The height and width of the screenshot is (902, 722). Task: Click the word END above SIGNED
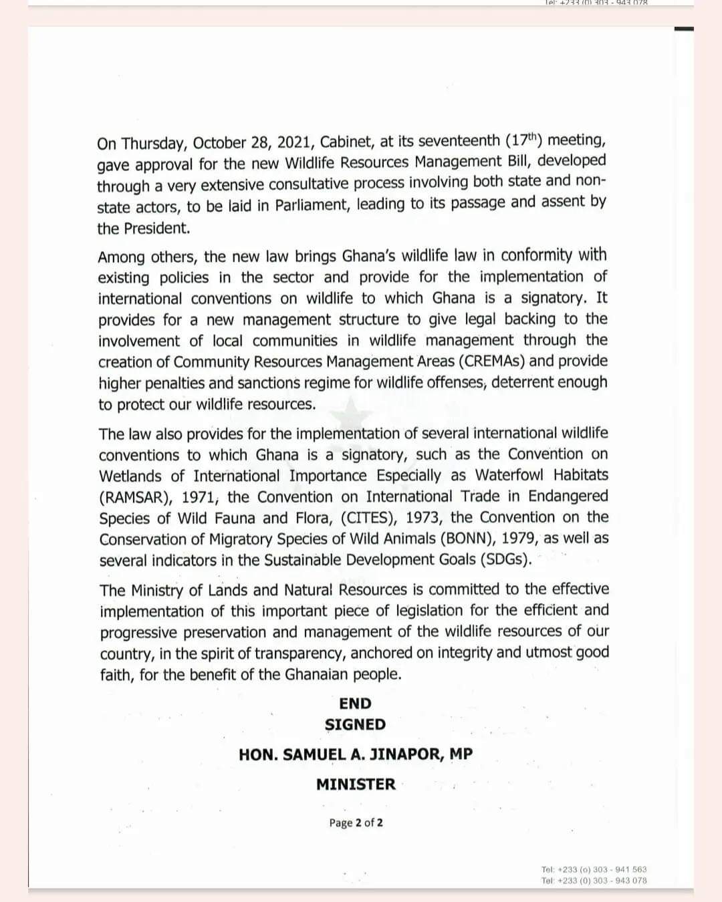(355, 704)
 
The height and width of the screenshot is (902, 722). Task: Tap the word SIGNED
(355, 725)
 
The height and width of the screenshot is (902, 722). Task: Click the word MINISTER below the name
(356, 784)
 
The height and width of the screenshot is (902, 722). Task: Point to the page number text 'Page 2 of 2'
(356, 823)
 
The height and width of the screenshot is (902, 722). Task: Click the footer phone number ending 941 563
(594, 869)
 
